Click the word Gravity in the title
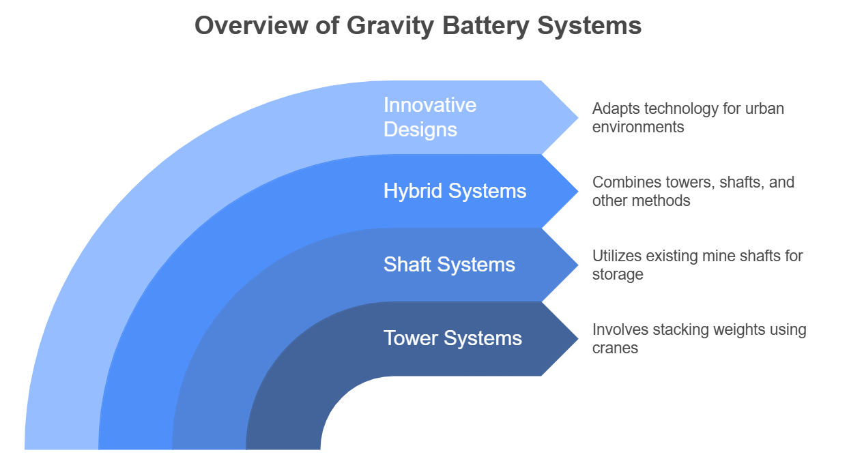390,26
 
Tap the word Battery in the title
485,26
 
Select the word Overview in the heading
251,25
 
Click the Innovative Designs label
430,117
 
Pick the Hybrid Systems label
455,190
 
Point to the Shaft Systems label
449,265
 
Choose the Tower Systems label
452,338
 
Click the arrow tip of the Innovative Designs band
578,118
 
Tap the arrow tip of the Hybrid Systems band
578,191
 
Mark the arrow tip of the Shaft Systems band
578,265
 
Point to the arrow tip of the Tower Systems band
578,338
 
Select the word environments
638,127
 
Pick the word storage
618,275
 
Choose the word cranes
615,349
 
